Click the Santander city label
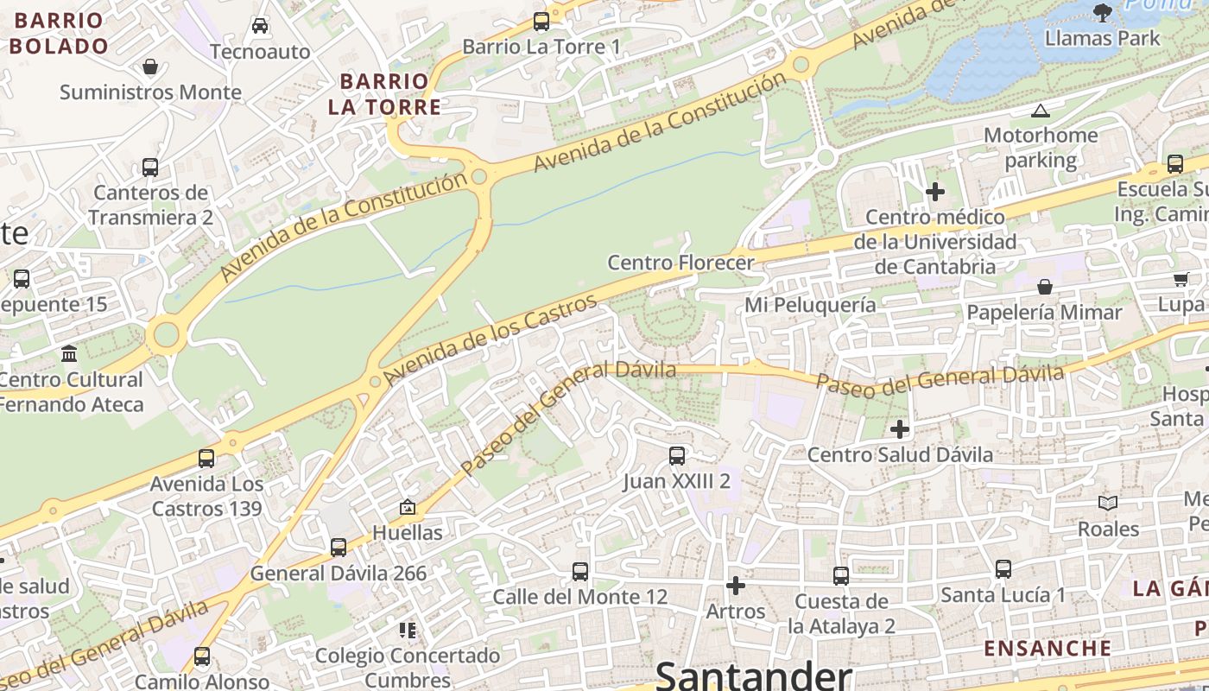754,675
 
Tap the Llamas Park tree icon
1102,12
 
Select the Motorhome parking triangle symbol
1041,111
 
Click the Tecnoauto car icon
260,26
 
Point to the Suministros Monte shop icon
150,67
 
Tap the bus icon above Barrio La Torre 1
541,22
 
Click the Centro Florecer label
680,263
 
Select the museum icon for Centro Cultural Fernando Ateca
69,353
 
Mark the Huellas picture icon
407,507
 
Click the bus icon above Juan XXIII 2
677,455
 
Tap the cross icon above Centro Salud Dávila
900,428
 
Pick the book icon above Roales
1108,503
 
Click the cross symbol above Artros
736,586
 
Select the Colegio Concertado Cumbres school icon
408,630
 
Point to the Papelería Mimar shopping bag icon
1045,286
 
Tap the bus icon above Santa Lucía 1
1003,569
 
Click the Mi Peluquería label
810,305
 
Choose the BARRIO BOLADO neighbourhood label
59,33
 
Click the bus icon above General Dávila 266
339,547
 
